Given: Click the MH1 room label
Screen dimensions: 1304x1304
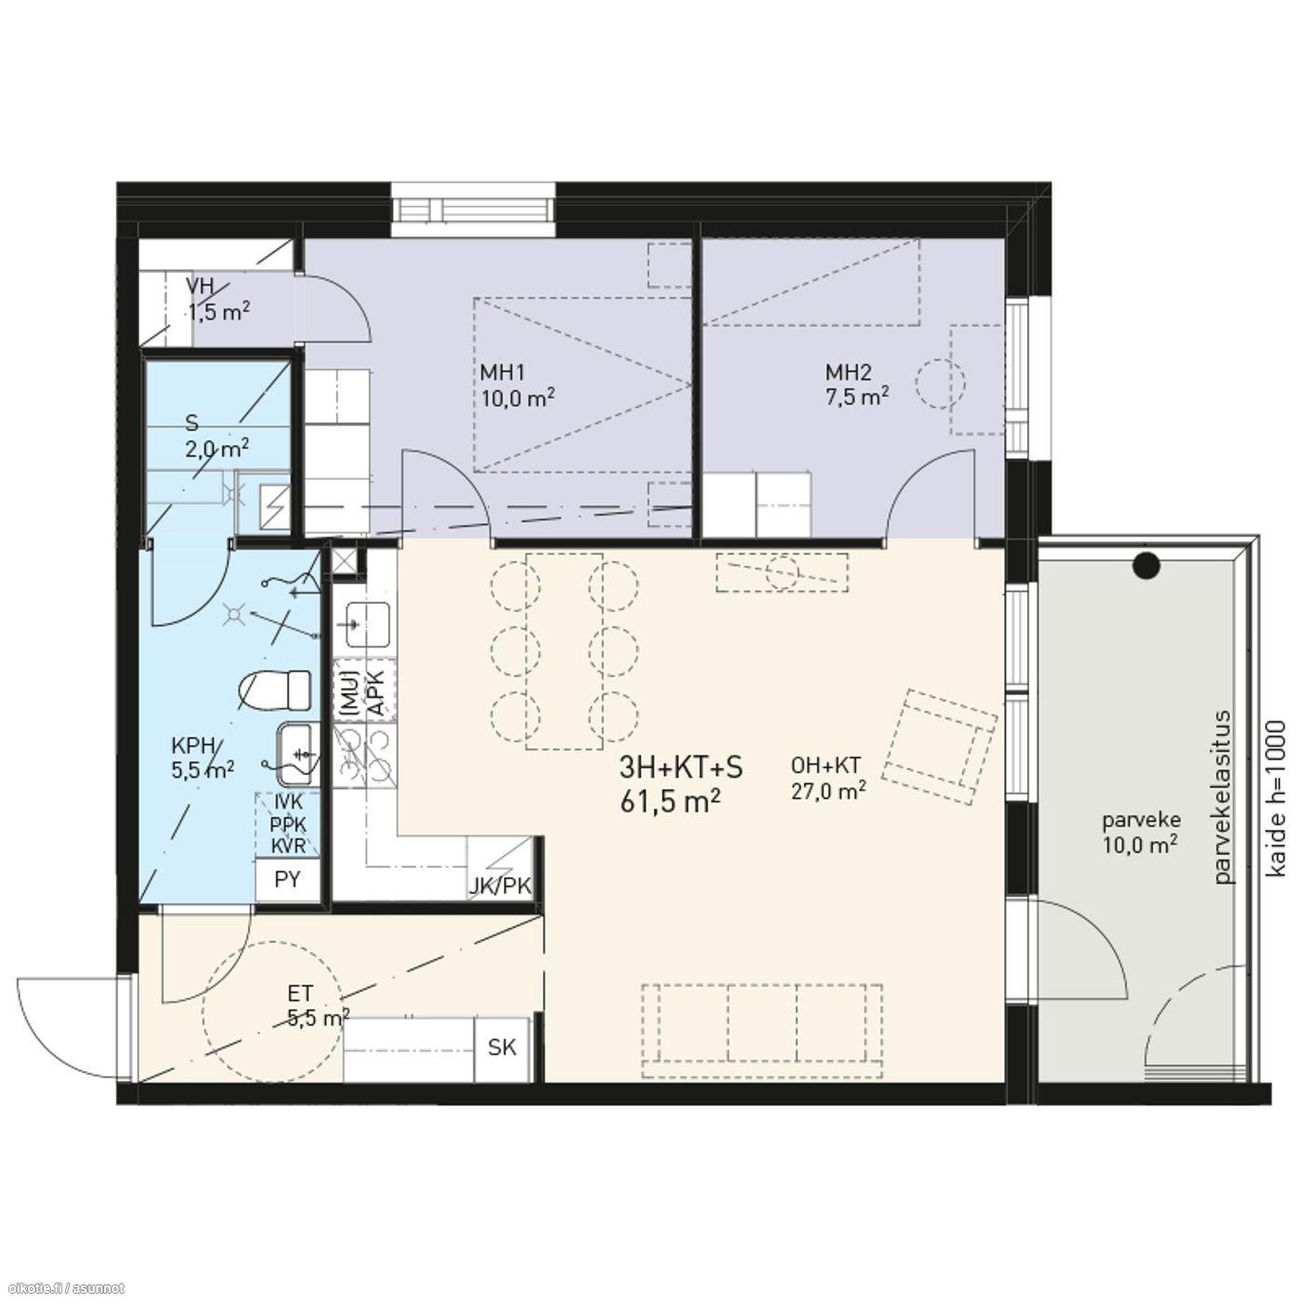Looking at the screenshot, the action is tap(502, 373).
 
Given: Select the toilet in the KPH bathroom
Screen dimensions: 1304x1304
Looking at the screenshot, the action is tap(276, 691).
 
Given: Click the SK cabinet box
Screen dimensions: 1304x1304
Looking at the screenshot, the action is tap(501, 1047).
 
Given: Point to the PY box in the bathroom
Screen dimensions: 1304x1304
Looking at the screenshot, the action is tap(287, 879).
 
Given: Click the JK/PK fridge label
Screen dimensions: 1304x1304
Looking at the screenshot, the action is tap(501, 886).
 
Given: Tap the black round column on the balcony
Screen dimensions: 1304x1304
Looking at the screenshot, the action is tap(1147, 565).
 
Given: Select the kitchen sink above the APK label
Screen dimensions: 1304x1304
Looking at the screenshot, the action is tap(367, 624).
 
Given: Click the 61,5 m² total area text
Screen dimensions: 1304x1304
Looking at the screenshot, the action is tap(670, 803).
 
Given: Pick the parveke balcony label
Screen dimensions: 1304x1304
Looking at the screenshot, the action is tap(1141, 821).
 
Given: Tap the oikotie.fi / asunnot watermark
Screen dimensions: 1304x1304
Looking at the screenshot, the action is tap(63, 1288).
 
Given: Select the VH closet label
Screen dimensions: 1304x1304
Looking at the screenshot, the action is tap(199, 286).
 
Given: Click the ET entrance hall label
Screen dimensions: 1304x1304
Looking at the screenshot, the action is tap(300, 994).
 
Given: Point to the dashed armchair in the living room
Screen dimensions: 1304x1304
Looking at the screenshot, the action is tap(939, 746).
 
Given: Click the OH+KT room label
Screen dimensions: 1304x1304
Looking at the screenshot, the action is tap(825, 766).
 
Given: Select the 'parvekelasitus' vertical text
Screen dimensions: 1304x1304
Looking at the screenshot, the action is tap(1224, 796).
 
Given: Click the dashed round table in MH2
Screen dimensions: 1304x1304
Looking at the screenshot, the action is tap(940, 383).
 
